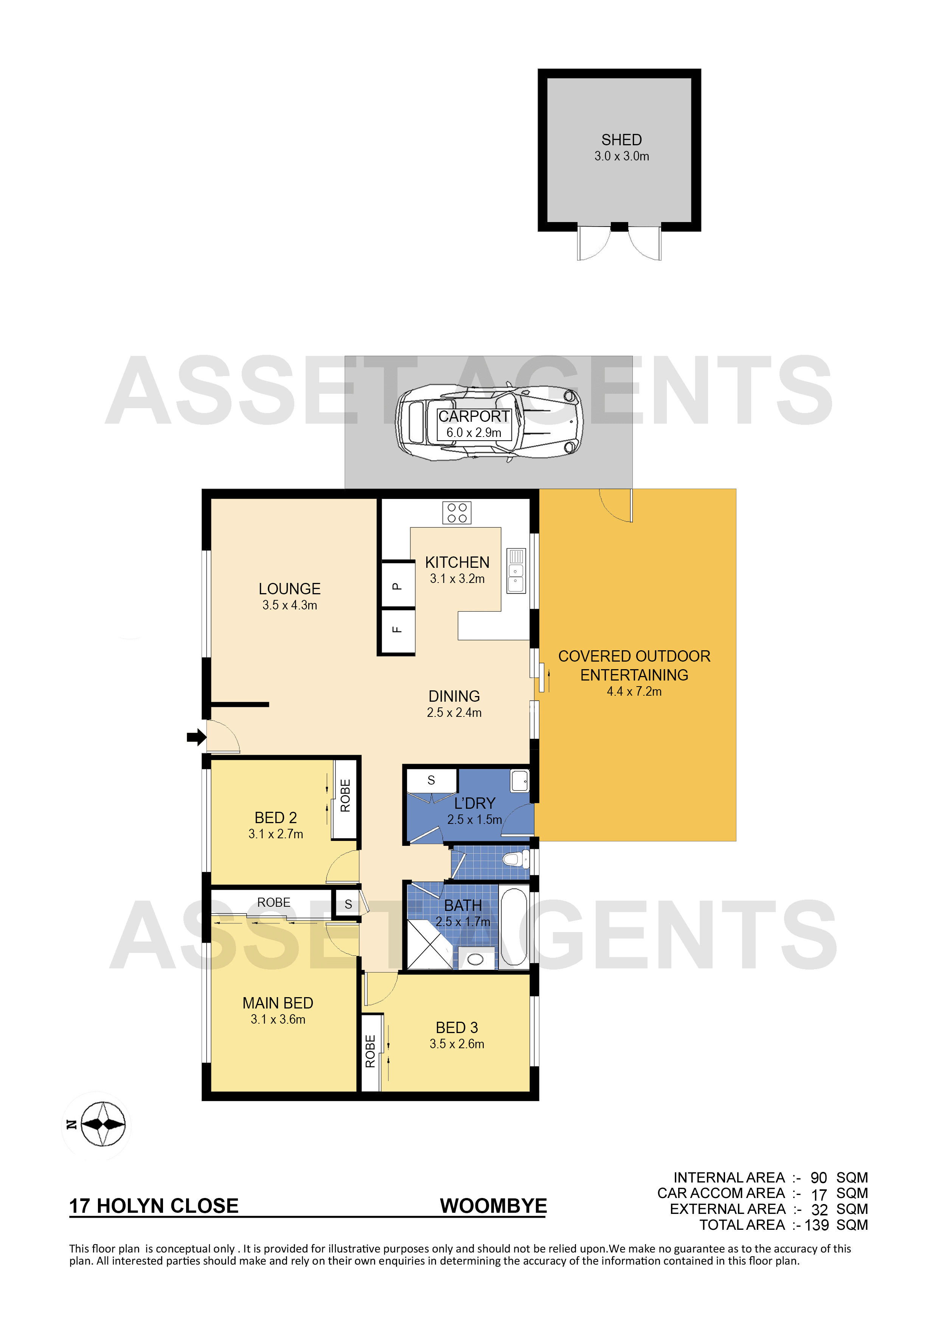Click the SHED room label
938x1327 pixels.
621,140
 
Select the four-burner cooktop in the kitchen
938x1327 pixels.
457,513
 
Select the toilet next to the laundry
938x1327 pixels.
516,859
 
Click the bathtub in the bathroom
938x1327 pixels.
514,928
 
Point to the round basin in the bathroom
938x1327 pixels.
475,960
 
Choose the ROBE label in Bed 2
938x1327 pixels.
345,796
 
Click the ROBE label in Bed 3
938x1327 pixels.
370,1051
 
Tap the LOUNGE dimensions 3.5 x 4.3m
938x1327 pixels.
290,605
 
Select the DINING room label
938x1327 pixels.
454,696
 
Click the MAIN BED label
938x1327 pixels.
278,1003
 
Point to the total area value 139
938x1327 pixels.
817,1225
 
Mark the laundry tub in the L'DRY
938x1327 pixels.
520,781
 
